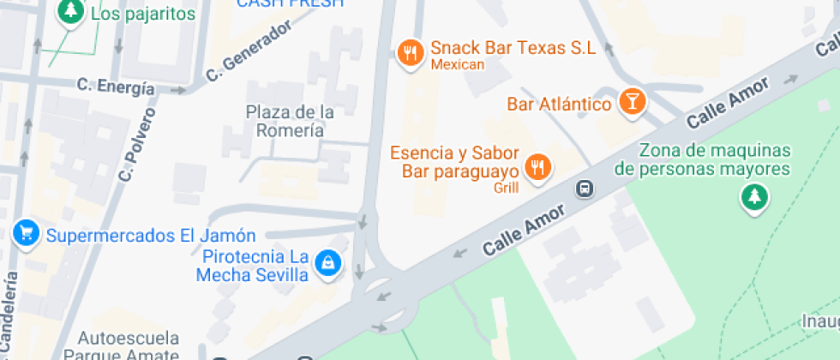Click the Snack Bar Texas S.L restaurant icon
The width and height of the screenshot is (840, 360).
pos(411,53)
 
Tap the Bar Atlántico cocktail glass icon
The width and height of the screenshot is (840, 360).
pos(632,101)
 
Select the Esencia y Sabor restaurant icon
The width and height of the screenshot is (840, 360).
pos(537,166)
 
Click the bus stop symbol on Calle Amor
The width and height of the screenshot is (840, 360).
pos(585,188)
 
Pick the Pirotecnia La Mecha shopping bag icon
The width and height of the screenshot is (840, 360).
pos(327,262)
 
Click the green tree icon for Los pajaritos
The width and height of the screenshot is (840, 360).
pos(70,11)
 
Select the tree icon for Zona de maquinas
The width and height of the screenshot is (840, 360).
pos(754,197)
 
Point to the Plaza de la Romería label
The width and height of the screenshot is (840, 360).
pos(290,121)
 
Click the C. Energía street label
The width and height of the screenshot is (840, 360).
pos(116,87)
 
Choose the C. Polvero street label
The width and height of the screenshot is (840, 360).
pos(138,144)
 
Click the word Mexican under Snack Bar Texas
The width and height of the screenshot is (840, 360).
pos(458,64)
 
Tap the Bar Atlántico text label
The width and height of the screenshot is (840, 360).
pos(559,104)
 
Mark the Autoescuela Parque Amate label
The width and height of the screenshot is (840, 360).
pos(128,345)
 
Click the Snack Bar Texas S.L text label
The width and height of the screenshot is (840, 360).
pos(513,48)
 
